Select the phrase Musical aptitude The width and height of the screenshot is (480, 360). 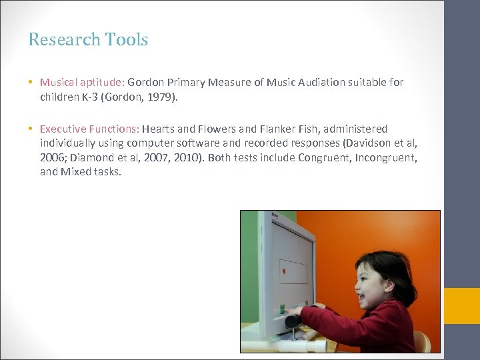tap(81, 83)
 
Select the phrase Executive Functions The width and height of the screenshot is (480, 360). tap(89, 129)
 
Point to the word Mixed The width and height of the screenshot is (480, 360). tap(74, 171)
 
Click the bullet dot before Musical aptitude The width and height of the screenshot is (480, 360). tap(31, 83)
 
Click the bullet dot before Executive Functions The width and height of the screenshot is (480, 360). tap(31, 129)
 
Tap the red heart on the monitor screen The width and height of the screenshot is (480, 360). tap(284, 271)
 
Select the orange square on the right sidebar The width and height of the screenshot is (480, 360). tap(462, 306)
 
